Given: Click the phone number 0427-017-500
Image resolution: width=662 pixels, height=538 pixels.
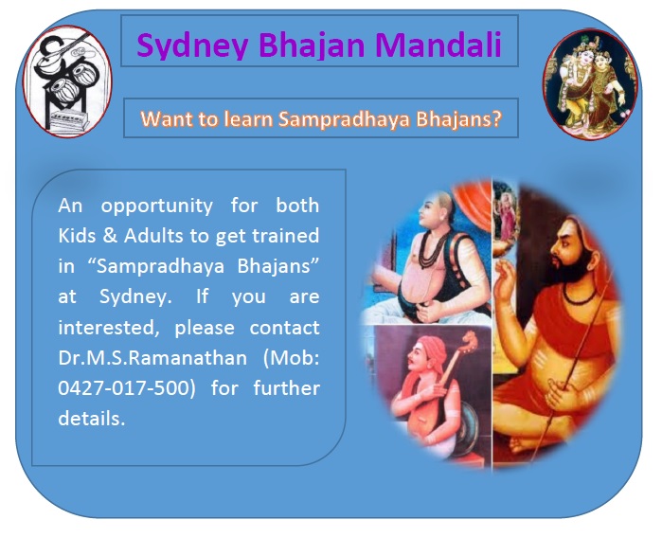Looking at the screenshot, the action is pyautogui.click(x=127, y=387).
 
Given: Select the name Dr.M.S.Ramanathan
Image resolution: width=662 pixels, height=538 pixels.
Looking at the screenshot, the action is pyautogui.click(x=152, y=358).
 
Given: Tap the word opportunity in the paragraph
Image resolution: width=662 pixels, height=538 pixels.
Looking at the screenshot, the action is pyautogui.click(x=156, y=206).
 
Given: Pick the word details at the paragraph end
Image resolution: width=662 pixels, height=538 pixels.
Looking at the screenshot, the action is pyautogui.click(x=92, y=418).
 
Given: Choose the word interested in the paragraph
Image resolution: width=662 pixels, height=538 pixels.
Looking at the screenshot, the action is pyautogui.click(x=109, y=328).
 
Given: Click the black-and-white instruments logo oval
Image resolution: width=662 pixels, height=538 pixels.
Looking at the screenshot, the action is pyautogui.click(x=67, y=81).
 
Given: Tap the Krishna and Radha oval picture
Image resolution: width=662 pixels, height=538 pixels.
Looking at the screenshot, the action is pyautogui.click(x=590, y=83).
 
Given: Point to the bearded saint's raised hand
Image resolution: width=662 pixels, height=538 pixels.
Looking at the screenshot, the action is pyautogui.click(x=506, y=280).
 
